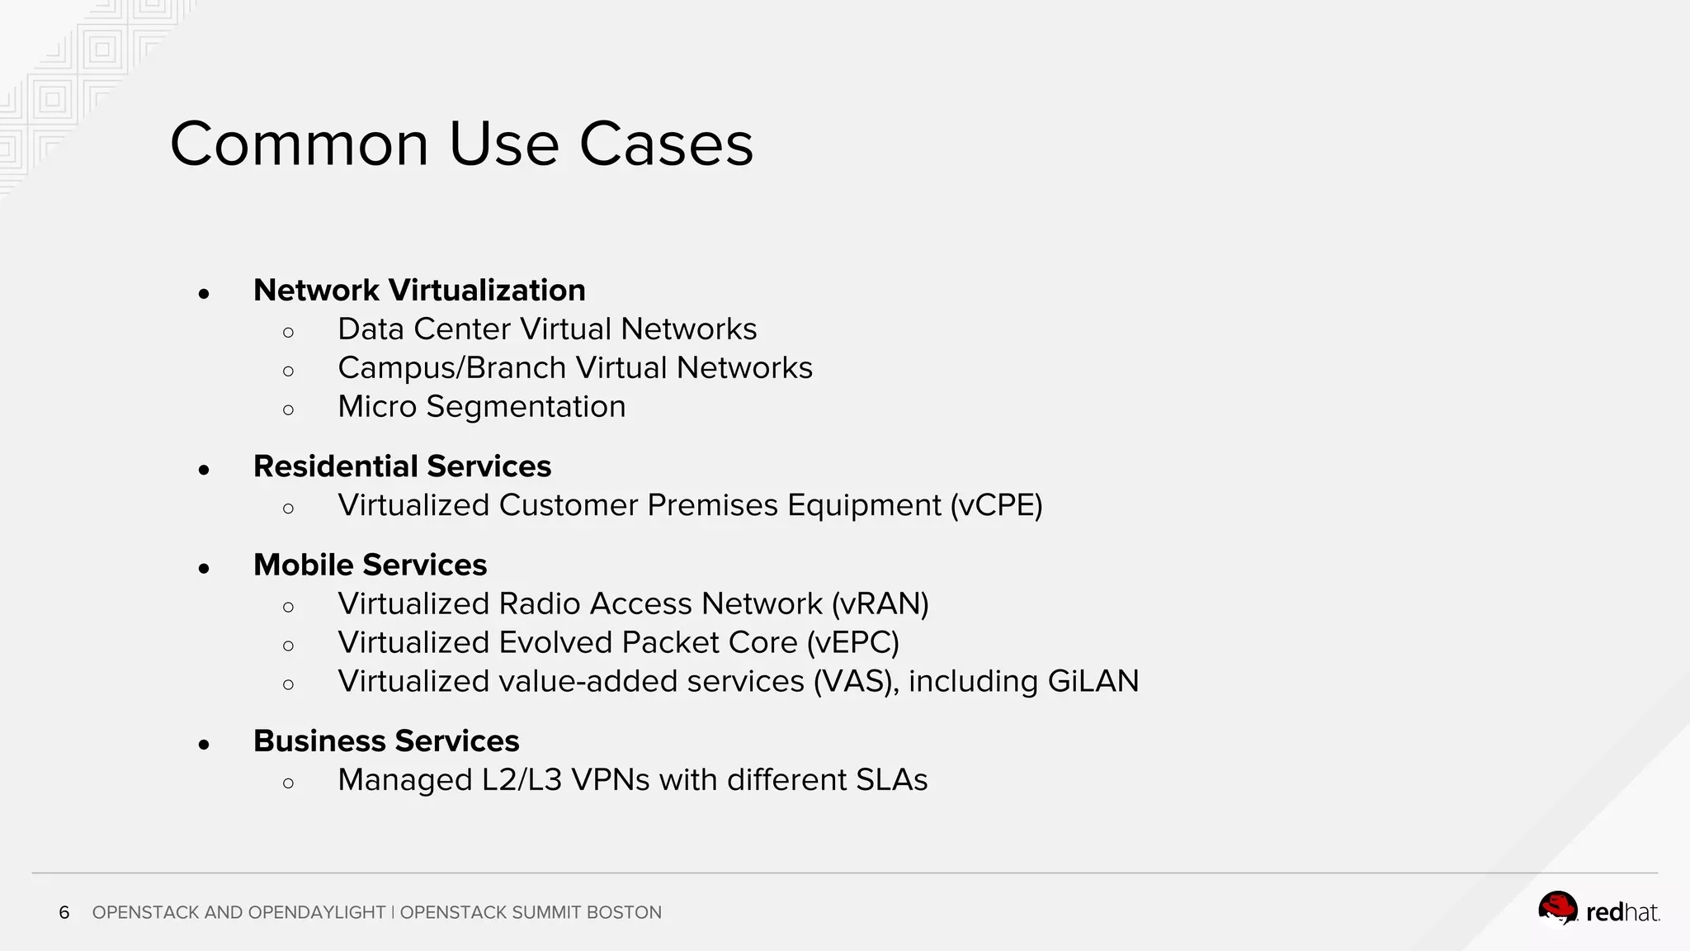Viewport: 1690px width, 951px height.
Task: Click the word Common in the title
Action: (299, 144)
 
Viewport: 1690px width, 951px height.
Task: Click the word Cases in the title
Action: (666, 144)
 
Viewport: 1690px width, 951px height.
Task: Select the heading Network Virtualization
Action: (419, 291)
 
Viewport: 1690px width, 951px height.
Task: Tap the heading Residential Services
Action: (402, 466)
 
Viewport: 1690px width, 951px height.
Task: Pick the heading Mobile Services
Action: (370, 565)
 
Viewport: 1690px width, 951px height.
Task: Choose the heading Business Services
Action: (386, 741)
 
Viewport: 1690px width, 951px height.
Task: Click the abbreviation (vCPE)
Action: (996, 505)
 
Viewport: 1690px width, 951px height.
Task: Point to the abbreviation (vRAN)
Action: (880, 604)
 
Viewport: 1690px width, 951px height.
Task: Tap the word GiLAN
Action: (1093, 682)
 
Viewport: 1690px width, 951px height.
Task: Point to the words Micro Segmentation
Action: (481, 407)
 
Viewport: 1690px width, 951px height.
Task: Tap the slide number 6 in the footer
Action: (64, 913)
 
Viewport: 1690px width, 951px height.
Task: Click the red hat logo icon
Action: (1557, 908)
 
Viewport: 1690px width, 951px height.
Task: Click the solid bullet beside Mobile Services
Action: (204, 568)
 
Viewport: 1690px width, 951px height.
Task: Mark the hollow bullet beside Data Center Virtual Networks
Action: (288, 333)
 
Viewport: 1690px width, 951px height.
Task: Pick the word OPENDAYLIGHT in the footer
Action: (316, 913)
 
